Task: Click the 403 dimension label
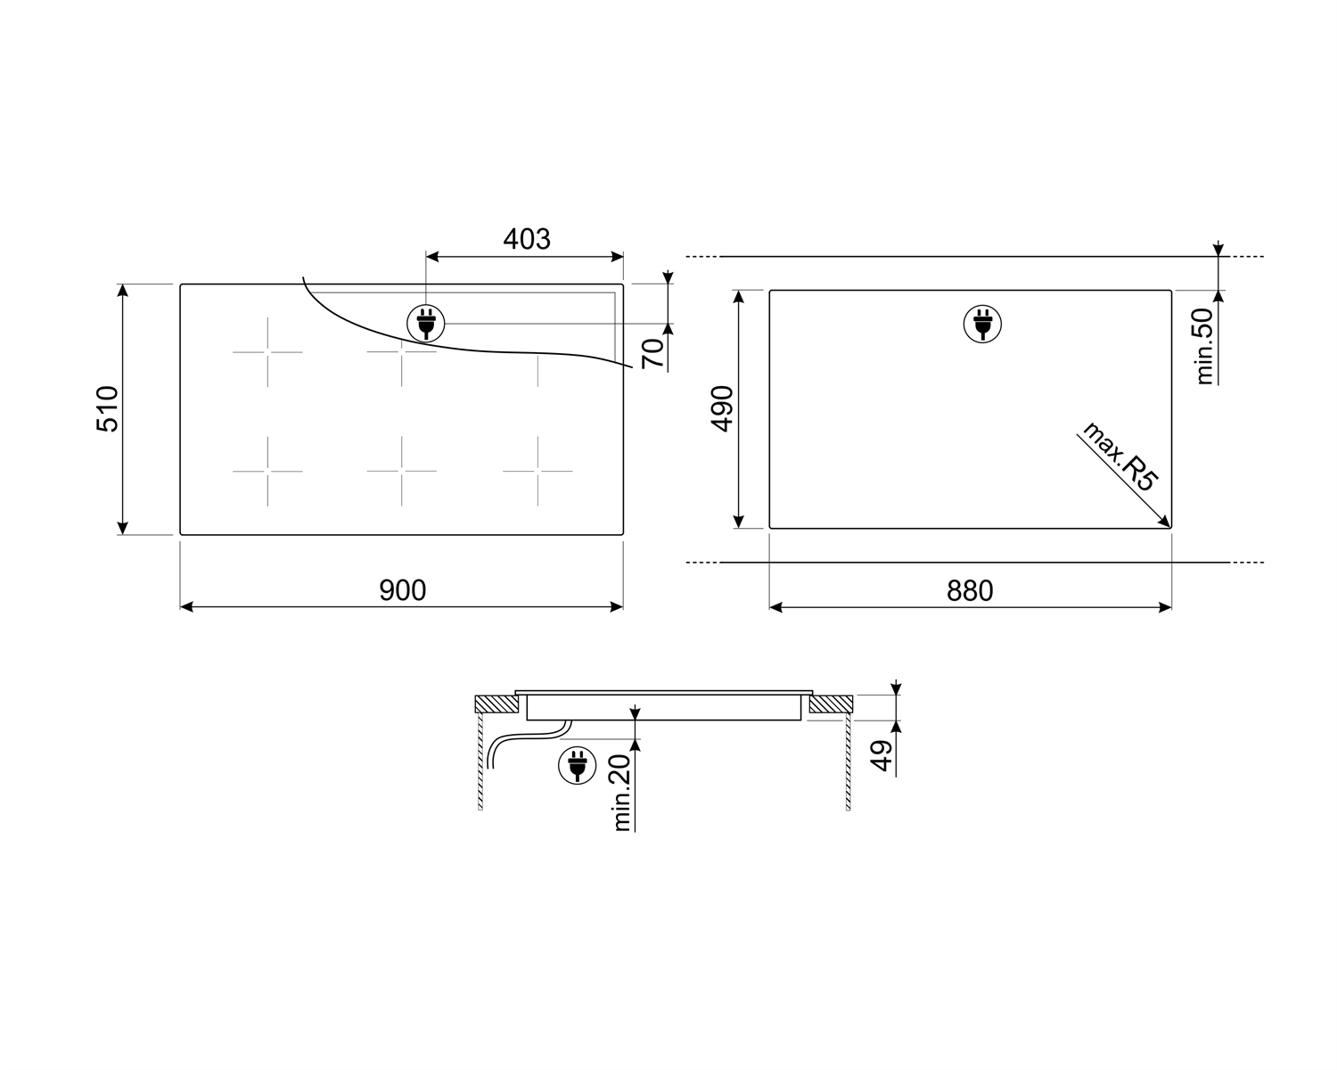tap(527, 239)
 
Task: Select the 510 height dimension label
tap(108, 409)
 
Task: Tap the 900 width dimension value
tap(403, 590)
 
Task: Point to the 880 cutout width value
tap(970, 590)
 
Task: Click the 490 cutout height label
tap(723, 409)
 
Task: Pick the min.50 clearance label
tap(1205, 346)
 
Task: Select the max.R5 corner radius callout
tap(1120, 457)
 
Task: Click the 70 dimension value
tap(652, 354)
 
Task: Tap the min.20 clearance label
tap(622, 793)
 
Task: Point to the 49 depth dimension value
tap(881, 756)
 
